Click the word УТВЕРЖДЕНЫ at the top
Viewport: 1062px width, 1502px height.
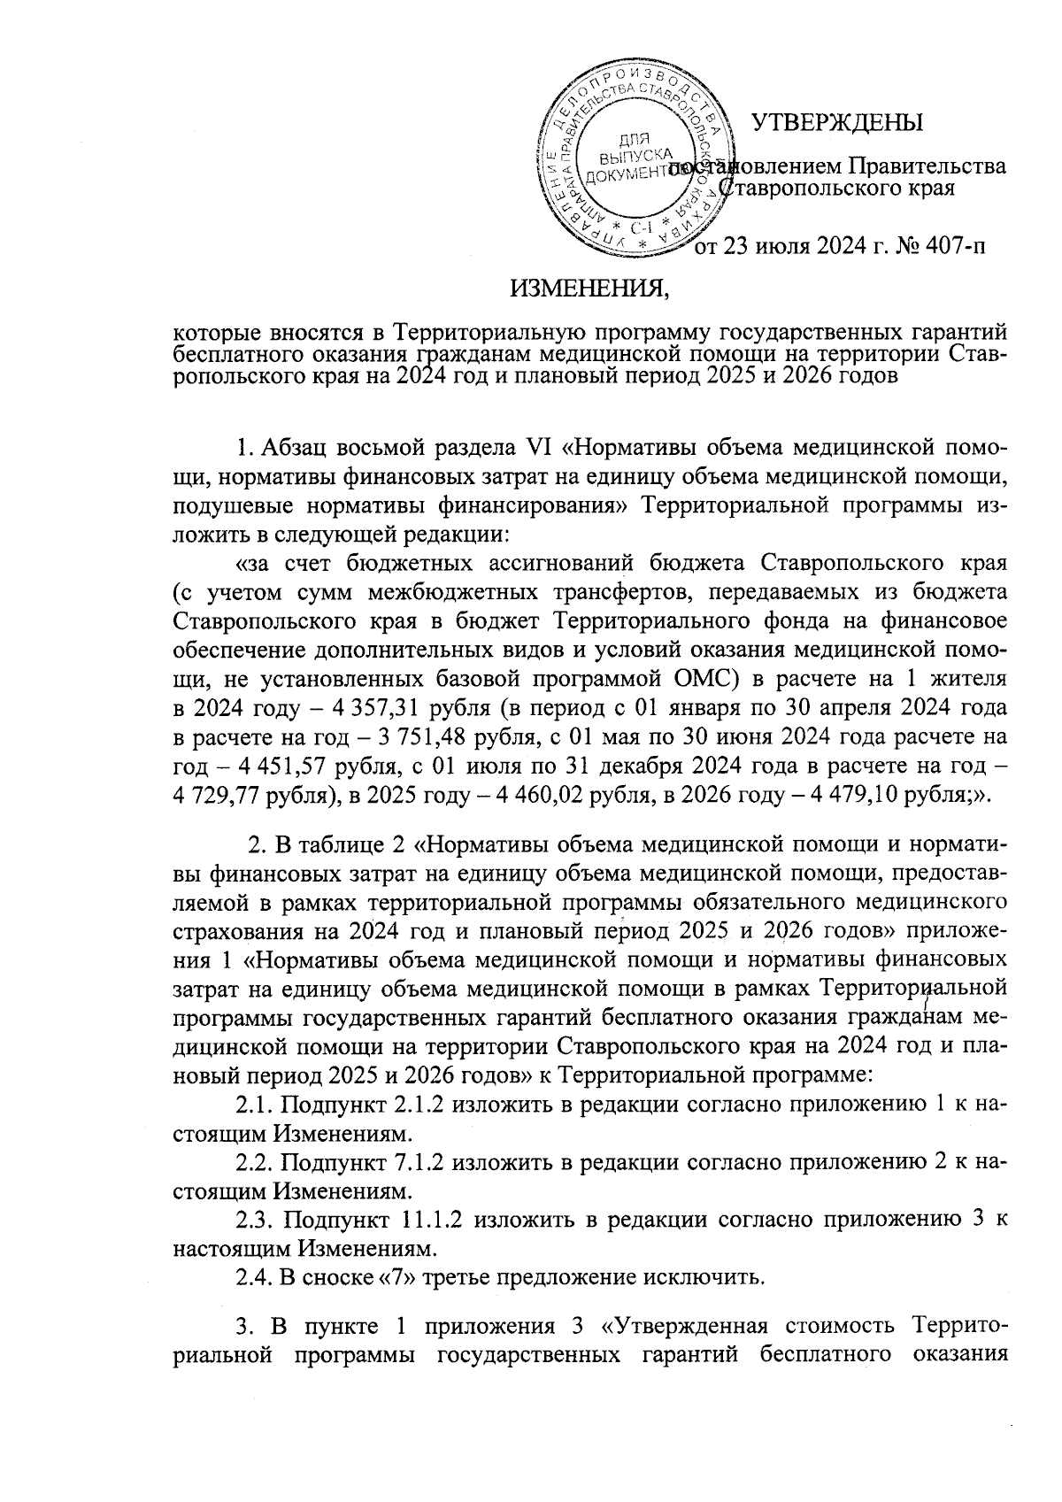click(x=837, y=122)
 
